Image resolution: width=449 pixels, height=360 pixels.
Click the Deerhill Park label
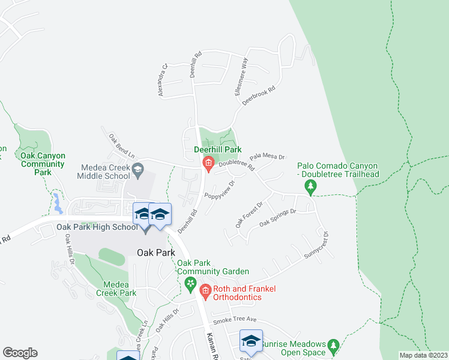click(217, 149)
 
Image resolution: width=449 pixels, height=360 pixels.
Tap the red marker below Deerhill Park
click(208, 163)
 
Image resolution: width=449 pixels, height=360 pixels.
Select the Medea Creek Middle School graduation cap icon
click(137, 170)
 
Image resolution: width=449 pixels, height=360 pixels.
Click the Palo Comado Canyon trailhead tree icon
click(310, 188)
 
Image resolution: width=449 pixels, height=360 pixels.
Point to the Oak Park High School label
click(97, 227)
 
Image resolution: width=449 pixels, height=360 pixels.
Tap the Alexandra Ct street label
click(161, 80)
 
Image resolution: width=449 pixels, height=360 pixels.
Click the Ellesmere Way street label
click(241, 76)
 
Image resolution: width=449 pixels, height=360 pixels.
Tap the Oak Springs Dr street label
click(277, 217)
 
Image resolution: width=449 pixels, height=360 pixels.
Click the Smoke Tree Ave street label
click(234, 320)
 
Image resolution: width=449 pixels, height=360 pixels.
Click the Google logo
click(20, 353)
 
